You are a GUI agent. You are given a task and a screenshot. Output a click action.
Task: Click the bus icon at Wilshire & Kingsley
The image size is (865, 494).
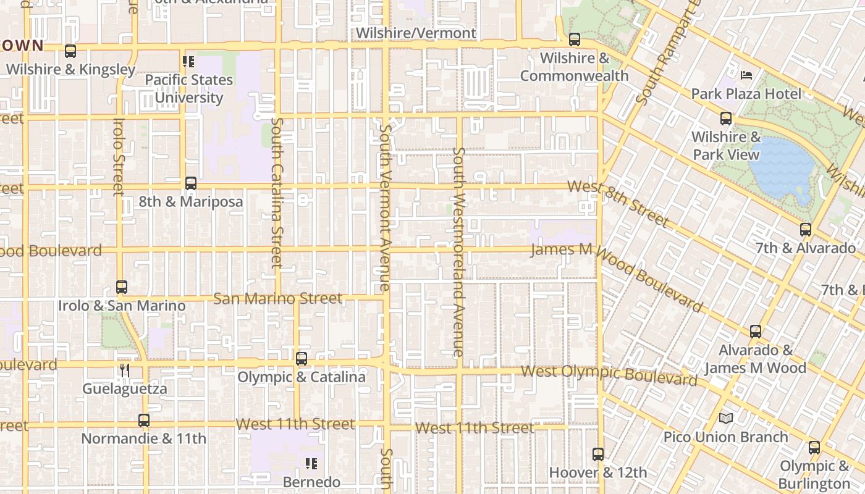70,51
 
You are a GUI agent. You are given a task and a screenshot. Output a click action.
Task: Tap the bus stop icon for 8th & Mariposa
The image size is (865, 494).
191,183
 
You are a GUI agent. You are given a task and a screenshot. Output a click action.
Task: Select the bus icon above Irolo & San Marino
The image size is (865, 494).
122,287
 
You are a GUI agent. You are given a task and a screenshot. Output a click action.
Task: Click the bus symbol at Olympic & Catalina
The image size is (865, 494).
302,359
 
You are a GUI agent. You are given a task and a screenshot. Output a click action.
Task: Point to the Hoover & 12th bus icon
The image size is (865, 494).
598,454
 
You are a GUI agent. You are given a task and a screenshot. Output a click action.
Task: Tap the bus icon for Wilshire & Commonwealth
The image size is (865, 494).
575,40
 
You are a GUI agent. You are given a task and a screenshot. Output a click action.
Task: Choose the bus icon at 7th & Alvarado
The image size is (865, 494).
806,230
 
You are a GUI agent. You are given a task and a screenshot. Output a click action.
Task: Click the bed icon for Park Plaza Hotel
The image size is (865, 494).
746,75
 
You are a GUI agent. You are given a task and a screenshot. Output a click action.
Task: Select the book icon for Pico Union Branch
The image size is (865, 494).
726,419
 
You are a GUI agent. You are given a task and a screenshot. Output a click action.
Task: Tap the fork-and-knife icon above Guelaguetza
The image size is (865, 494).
125,371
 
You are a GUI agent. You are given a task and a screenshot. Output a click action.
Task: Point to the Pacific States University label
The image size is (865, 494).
188,89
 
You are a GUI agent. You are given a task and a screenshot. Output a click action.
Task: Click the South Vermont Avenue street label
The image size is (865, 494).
385,207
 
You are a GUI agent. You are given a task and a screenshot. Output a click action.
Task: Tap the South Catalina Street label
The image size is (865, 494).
277,193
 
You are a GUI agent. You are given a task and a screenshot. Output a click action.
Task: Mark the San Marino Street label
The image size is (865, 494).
277,299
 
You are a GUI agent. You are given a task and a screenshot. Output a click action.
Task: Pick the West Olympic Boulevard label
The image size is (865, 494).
609,374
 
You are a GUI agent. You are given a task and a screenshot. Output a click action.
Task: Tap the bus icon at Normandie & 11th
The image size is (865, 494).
144,421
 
